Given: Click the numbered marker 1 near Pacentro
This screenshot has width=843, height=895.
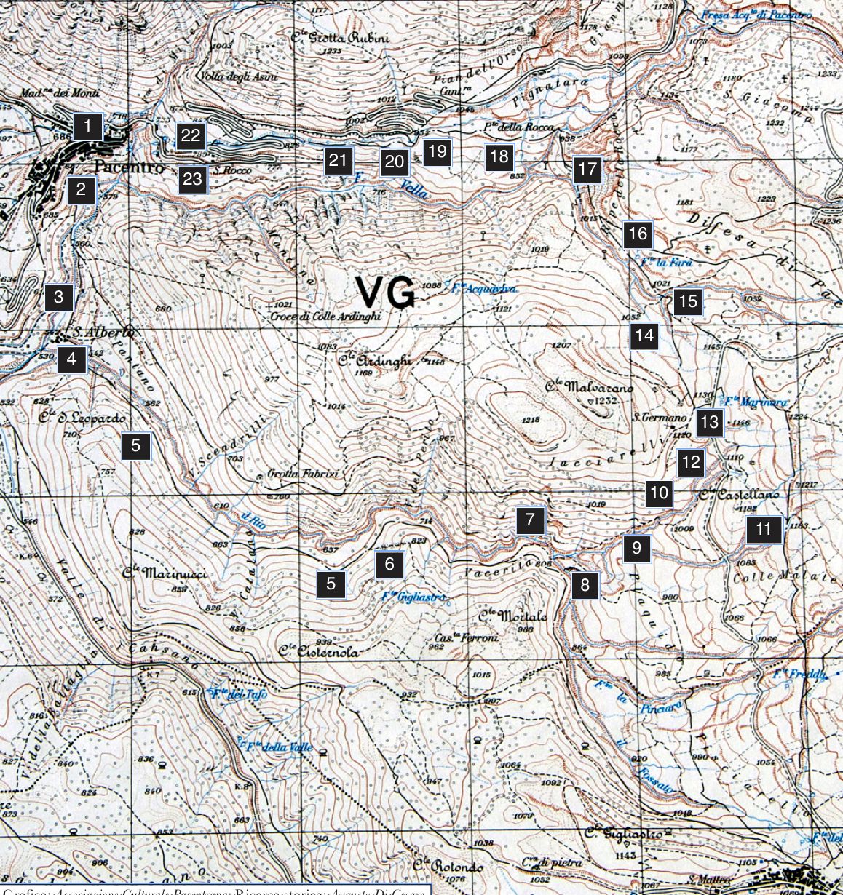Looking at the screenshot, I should (87, 127).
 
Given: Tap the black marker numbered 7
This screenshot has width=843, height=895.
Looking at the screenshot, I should (531, 520).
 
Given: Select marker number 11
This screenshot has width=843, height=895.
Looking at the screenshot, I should (763, 529).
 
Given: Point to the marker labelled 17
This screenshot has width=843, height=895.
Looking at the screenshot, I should (587, 171).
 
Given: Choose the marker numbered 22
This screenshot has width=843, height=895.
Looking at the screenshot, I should (191, 135).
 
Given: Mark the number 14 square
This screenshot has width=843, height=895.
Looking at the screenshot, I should (644, 336).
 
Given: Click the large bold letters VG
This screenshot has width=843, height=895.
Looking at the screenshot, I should (386, 293).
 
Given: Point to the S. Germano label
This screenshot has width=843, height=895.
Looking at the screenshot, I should (659, 418).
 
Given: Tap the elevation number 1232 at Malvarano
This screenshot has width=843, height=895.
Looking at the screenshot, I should (606, 401).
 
